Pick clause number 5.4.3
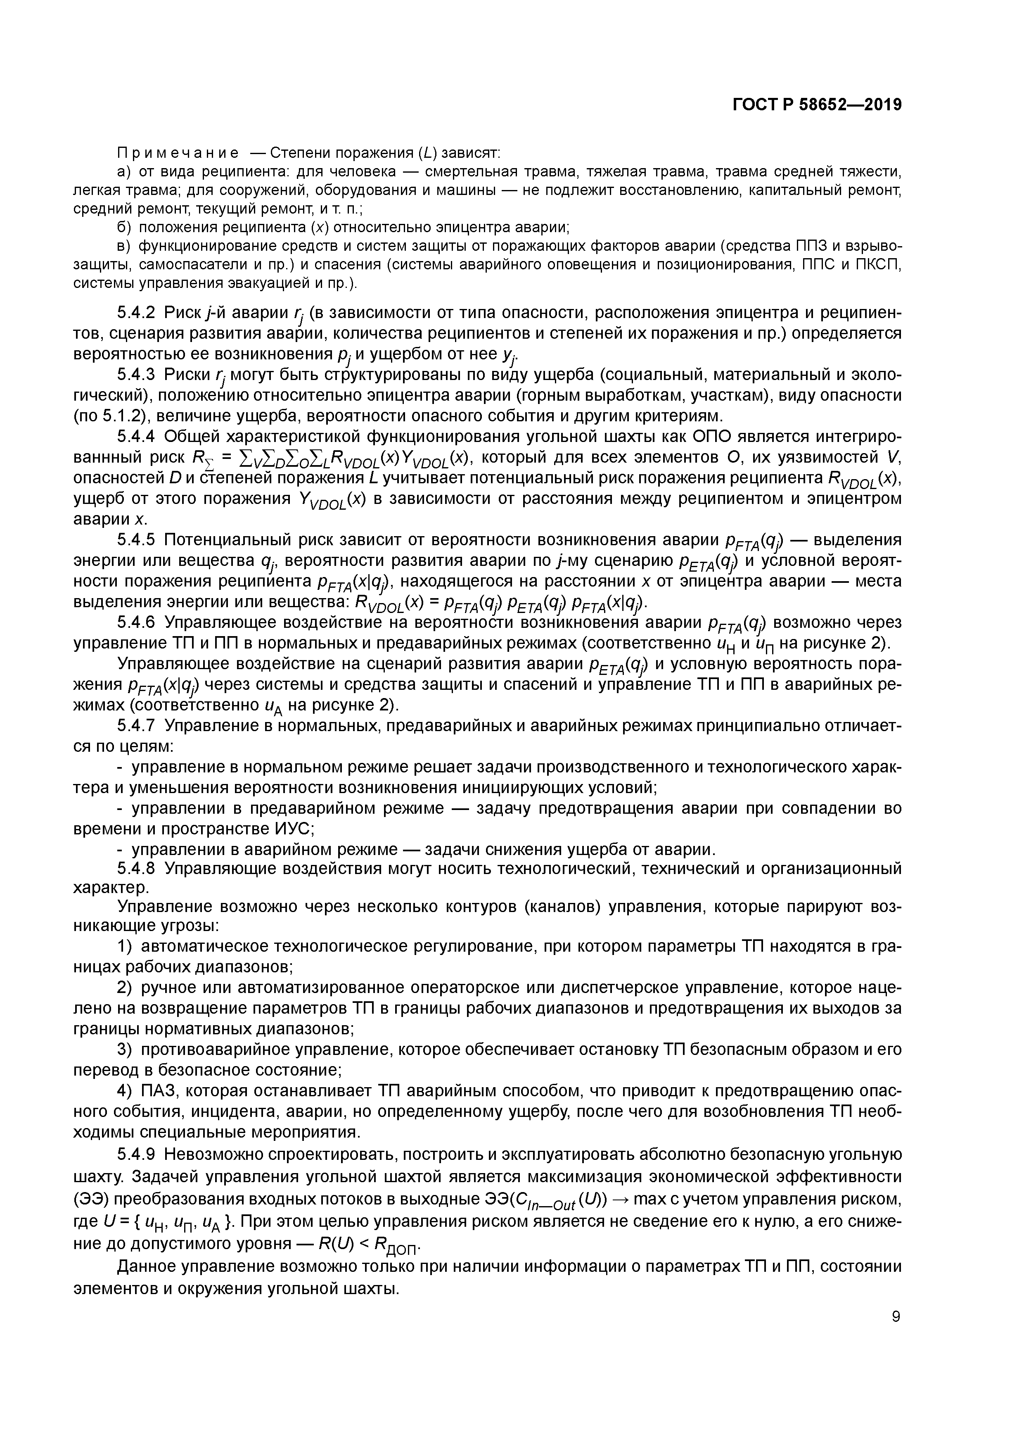pos(136,375)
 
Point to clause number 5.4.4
pos(136,437)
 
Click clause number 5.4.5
pos(136,540)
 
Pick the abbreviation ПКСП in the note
pos(879,264)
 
